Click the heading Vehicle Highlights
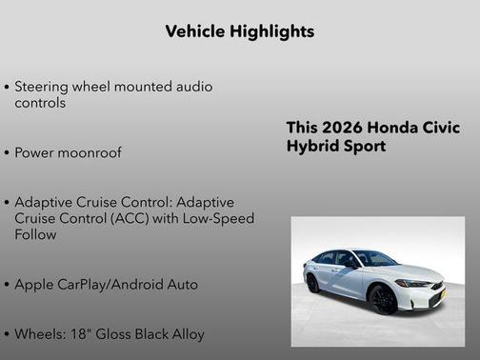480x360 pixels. (x=240, y=31)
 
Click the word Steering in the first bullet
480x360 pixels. (x=43, y=87)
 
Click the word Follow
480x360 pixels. (x=37, y=234)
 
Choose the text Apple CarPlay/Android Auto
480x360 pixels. (x=107, y=285)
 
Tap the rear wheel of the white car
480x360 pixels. (x=312, y=283)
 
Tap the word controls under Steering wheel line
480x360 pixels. (x=40, y=103)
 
